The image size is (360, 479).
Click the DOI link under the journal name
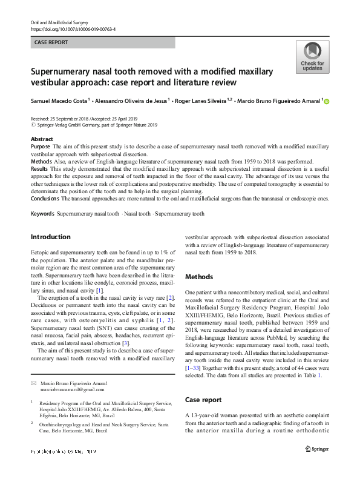[73, 28]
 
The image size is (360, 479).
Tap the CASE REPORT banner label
[51, 42]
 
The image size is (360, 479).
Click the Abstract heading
[42, 139]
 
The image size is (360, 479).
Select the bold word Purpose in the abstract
[41, 147]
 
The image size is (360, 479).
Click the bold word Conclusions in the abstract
[45, 198]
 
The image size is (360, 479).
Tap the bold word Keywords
[42, 214]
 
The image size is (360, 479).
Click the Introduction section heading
[50, 237]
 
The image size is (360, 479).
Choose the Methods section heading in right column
[199, 277]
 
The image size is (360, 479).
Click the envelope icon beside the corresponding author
[33, 367]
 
